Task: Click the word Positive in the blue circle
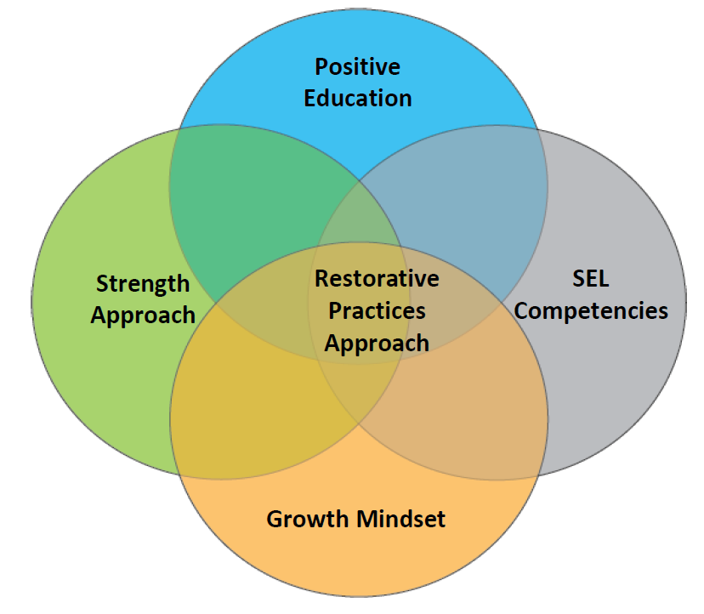click(357, 67)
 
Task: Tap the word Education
click(358, 99)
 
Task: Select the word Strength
click(143, 285)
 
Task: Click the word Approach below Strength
click(143, 316)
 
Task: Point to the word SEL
click(590, 278)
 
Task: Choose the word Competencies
click(591, 311)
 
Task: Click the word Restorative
click(377, 278)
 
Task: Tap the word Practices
click(377, 310)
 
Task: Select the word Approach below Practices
click(377, 344)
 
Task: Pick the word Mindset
click(401, 519)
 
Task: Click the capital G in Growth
click(275, 520)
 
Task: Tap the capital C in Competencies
click(522, 310)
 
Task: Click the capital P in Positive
click(321, 67)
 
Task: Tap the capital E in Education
click(310, 99)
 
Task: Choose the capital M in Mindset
click(367, 519)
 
